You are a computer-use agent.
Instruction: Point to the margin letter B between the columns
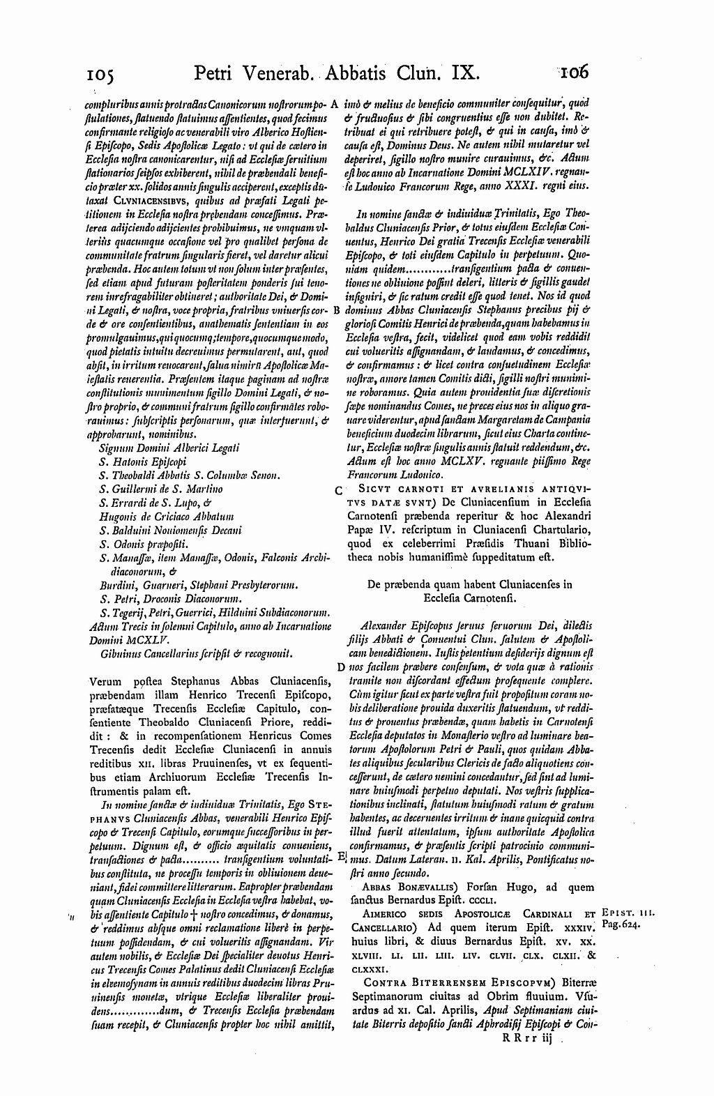336,309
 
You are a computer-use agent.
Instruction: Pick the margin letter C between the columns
338,490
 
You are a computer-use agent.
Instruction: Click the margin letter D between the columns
340,666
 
